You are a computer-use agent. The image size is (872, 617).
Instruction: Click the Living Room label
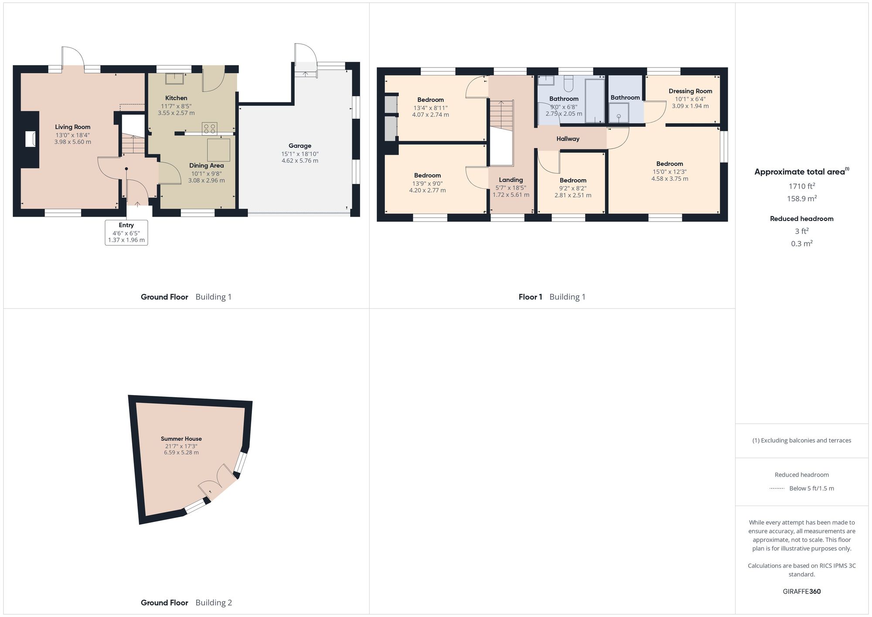tap(72, 127)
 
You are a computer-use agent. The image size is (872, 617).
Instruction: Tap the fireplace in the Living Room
tap(30, 139)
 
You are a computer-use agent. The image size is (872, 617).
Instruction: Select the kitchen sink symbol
tap(174, 78)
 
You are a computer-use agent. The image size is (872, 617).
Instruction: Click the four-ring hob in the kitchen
tap(209, 128)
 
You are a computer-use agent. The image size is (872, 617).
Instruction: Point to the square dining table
tap(218, 150)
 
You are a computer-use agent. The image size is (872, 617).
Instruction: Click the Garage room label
tap(300, 146)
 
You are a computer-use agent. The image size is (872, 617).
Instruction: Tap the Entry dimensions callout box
tap(126, 232)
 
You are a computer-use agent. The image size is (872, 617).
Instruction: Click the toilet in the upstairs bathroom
tap(569, 82)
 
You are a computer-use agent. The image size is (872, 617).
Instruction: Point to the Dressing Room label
tap(690, 91)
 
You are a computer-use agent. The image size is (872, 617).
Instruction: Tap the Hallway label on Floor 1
tap(568, 139)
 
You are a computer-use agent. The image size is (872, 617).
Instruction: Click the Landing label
tap(511, 180)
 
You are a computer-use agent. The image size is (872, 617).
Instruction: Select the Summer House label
tap(181, 439)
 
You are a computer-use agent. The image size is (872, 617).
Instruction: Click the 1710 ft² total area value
tap(801, 186)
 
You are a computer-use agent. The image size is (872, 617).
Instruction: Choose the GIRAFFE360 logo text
tap(801, 591)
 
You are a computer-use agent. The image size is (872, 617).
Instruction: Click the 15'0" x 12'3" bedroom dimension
tap(669, 172)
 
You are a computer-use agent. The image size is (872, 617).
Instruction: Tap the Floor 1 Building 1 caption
tap(552, 297)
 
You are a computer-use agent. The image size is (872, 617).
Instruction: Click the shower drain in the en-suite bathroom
tap(618, 116)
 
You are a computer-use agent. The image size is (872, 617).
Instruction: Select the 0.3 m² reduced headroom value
tap(801, 243)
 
